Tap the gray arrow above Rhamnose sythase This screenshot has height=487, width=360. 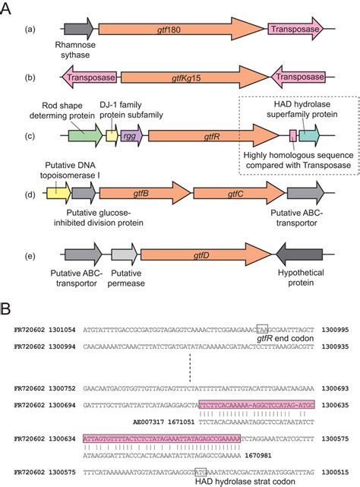79,29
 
